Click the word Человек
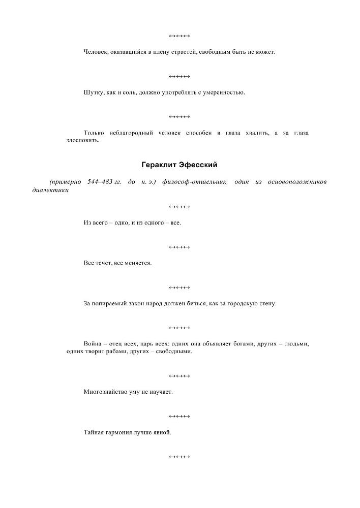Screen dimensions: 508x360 click(95, 52)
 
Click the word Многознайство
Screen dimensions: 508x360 click(104, 392)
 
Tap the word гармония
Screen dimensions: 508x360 click(118, 433)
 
